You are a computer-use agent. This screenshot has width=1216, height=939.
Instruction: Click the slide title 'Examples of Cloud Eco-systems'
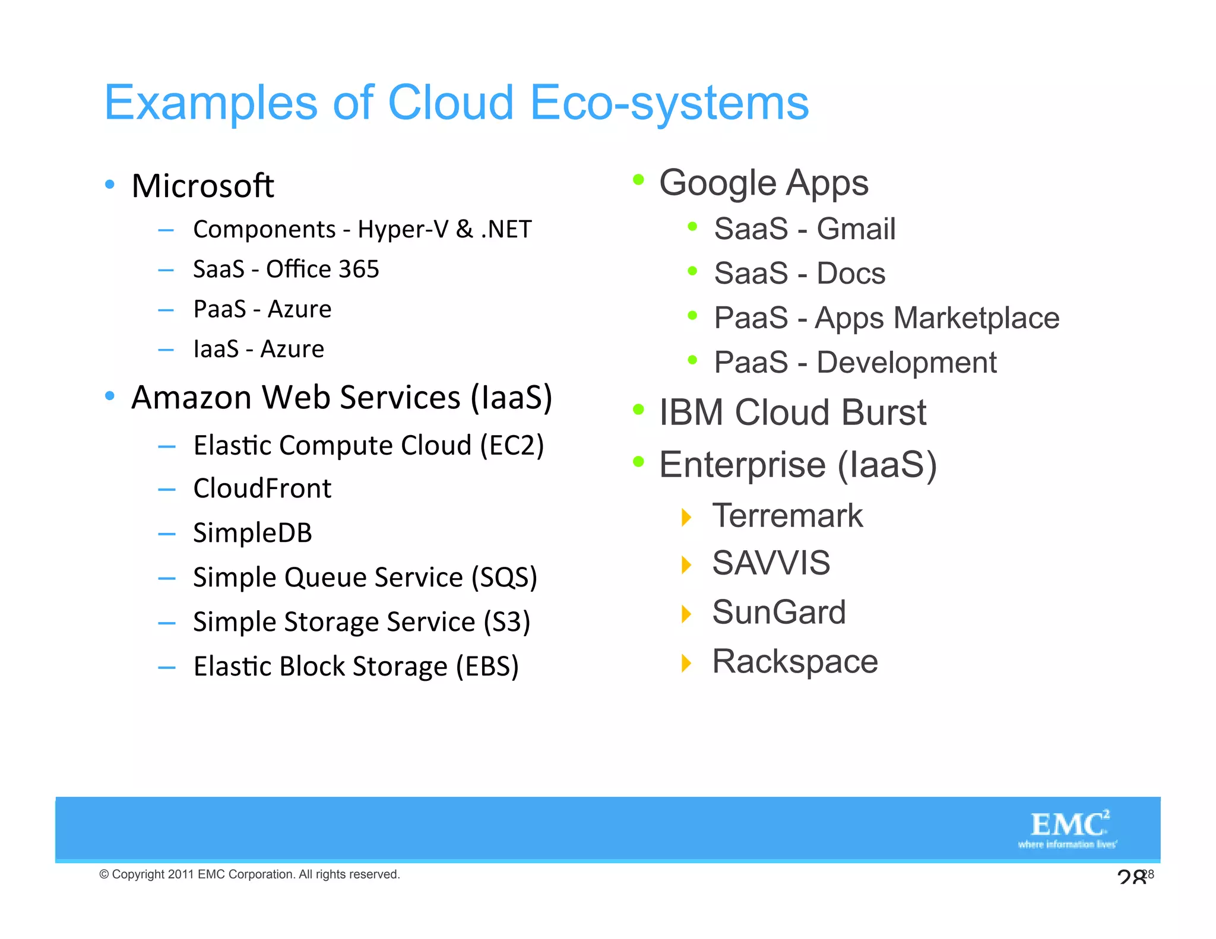pyautogui.click(x=456, y=103)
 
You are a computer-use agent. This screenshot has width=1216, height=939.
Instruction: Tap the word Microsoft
pyautogui.click(x=202, y=186)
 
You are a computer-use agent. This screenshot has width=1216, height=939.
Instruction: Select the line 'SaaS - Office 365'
pyautogui.click(x=286, y=269)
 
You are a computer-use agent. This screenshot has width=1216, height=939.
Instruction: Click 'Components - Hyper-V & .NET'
pyautogui.click(x=362, y=230)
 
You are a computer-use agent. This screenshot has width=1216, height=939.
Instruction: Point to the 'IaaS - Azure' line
pyautogui.click(x=259, y=349)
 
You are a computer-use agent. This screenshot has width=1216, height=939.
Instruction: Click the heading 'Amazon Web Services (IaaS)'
pyautogui.click(x=341, y=397)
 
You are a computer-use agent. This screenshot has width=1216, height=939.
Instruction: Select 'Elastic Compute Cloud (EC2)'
pyautogui.click(x=368, y=445)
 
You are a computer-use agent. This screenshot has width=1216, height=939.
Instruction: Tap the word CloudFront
pyautogui.click(x=262, y=488)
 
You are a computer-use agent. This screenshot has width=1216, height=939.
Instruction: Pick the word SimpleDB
pyautogui.click(x=252, y=533)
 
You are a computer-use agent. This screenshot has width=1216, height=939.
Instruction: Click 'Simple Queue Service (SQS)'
pyautogui.click(x=365, y=578)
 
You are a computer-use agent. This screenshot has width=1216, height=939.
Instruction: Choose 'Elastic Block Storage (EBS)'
pyautogui.click(x=356, y=666)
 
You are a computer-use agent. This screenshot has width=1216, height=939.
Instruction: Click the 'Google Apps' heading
pyautogui.click(x=764, y=183)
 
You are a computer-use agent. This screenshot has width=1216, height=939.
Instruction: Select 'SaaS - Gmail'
pyautogui.click(x=805, y=229)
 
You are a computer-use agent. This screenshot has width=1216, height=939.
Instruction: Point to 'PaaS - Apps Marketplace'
pyautogui.click(x=886, y=318)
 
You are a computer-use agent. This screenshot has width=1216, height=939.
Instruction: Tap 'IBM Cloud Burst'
pyautogui.click(x=792, y=412)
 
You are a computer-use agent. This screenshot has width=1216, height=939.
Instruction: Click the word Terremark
pyautogui.click(x=787, y=515)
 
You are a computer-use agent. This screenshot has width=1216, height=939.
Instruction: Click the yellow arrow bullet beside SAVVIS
pyautogui.click(x=686, y=564)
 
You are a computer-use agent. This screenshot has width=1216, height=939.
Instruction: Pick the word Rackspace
pyautogui.click(x=794, y=661)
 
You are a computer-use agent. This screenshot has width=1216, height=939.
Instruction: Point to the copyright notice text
pyautogui.click(x=249, y=874)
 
